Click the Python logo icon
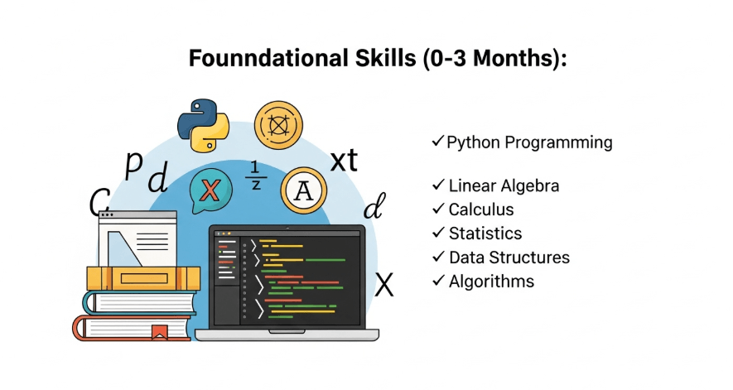(204, 125)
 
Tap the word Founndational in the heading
(268, 59)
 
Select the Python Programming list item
(529, 142)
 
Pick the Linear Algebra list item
(504, 185)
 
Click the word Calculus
(481, 209)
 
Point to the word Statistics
(485, 234)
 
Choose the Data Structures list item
(509, 258)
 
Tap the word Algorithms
(491, 282)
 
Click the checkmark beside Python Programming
(437, 141)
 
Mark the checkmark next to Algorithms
(438, 280)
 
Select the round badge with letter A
(303, 190)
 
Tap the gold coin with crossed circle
(278, 125)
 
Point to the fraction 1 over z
(255, 176)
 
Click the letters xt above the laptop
(344, 161)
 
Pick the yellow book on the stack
(143, 278)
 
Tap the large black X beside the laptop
(384, 285)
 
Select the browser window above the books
(138, 238)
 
